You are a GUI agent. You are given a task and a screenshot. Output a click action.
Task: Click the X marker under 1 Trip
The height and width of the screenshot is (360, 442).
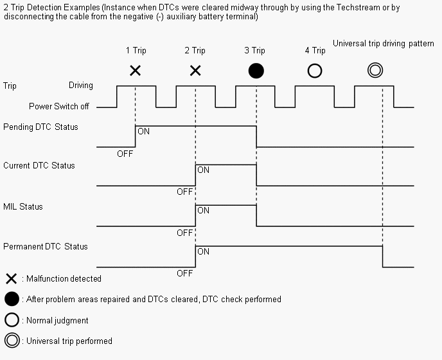tap(135, 71)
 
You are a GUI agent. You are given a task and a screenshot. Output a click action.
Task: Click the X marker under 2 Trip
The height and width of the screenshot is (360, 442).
tap(195, 71)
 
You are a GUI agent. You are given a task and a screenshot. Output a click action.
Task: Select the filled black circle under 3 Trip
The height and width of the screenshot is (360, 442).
tap(256, 71)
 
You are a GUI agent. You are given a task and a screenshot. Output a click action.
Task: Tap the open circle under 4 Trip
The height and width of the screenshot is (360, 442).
tap(315, 71)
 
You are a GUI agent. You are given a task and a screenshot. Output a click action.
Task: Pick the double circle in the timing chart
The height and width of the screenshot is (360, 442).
tap(375, 71)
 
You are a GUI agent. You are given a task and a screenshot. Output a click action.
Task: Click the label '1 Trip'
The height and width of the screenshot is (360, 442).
tap(136, 50)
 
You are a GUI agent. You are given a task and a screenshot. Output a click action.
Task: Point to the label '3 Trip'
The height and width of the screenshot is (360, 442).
tap(254, 50)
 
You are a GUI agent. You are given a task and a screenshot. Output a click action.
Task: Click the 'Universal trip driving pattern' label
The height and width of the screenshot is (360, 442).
tap(384, 44)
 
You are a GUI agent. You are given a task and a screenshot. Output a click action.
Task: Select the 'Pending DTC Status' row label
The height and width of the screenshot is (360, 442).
tap(40, 127)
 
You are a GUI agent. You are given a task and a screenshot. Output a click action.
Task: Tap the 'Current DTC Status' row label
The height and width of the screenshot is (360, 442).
tap(39, 165)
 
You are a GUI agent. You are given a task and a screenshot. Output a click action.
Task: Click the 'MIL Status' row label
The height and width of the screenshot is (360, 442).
tap(23, 206)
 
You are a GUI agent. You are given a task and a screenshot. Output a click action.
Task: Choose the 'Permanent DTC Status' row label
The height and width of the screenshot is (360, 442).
tap(46, 246)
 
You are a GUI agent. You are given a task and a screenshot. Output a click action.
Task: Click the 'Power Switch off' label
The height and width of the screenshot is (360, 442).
tap(59, 106)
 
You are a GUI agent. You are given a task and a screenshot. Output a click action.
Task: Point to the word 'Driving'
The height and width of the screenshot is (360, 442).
tap(81, 85)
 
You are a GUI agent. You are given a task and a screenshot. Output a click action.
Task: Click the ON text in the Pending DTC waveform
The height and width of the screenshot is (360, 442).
tap(143, 131)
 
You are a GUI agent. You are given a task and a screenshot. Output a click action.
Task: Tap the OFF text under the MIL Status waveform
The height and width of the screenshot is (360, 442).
tap(185, 233)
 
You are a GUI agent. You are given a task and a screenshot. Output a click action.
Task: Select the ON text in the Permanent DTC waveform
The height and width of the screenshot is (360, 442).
tap(204, 251)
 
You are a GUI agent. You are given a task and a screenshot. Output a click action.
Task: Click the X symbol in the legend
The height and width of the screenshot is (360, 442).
tap(11, 278)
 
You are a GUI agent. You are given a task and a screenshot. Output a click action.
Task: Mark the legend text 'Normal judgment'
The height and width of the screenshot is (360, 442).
tap(57, 320)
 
